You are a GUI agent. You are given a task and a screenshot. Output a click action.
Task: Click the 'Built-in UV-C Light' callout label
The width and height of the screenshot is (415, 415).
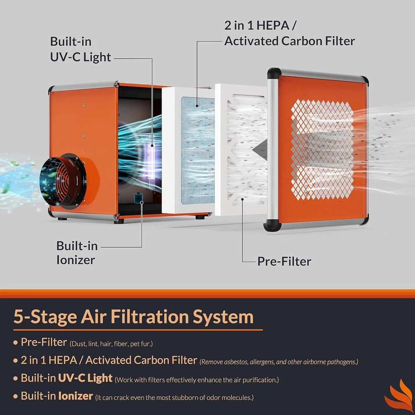(x=80, y=49)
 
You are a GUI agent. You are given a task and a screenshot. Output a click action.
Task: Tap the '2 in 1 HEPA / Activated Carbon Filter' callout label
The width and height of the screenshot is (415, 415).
(x=290, y=33)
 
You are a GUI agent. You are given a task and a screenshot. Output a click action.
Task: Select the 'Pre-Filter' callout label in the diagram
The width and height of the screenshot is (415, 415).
(x=284, y=261)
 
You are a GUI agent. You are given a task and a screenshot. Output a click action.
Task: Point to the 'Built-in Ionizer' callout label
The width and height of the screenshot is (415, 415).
(x=77, y=252)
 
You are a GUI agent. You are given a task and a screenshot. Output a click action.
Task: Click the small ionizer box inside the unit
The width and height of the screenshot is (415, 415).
(x=138, y=198)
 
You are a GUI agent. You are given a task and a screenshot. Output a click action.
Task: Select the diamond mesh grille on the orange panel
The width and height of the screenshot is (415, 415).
(x=322, y=150)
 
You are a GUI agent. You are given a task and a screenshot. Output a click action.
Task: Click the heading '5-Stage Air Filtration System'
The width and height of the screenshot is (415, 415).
(x=133, y=316)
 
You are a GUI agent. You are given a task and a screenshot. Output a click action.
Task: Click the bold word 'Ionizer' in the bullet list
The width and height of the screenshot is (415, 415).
(x=75, y=396)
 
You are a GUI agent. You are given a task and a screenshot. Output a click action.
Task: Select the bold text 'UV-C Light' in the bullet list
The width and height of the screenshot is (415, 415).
(x=86, y=378)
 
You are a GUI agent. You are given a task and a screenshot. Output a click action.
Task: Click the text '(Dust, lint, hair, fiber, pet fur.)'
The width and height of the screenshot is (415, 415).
(x=111, y=344)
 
